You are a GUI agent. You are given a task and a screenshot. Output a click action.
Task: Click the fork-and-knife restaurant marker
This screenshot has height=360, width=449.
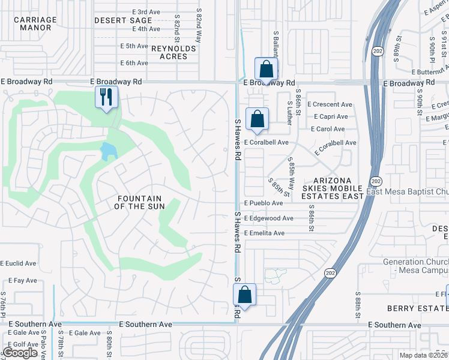click(x=106, y=97)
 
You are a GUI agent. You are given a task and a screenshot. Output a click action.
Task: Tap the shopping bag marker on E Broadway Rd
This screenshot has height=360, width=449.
click(x=265, y=68)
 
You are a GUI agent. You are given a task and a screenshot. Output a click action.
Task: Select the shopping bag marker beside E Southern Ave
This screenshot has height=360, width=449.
click(x=244, y=295)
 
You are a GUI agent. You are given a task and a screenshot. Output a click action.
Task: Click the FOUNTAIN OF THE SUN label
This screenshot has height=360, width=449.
click(x=139, y=202)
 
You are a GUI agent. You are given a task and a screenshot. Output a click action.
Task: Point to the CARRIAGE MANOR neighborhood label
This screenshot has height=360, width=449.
click(x=35, y=23)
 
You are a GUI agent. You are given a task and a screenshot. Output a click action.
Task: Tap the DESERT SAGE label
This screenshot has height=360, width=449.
click(x=123, y=20)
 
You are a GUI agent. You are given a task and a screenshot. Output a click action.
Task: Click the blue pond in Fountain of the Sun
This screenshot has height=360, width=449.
click(x=109, y=151)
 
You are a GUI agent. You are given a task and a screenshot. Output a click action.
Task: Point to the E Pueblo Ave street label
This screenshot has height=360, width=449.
click(x=263, y=203)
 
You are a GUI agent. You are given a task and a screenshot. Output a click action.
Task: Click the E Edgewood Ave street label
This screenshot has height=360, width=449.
click(x=268, y=218)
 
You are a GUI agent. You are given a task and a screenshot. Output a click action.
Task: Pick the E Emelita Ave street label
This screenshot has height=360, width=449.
click(x=264, y=233)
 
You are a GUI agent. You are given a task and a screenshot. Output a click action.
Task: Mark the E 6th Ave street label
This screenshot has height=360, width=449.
click(x=134, y=62)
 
